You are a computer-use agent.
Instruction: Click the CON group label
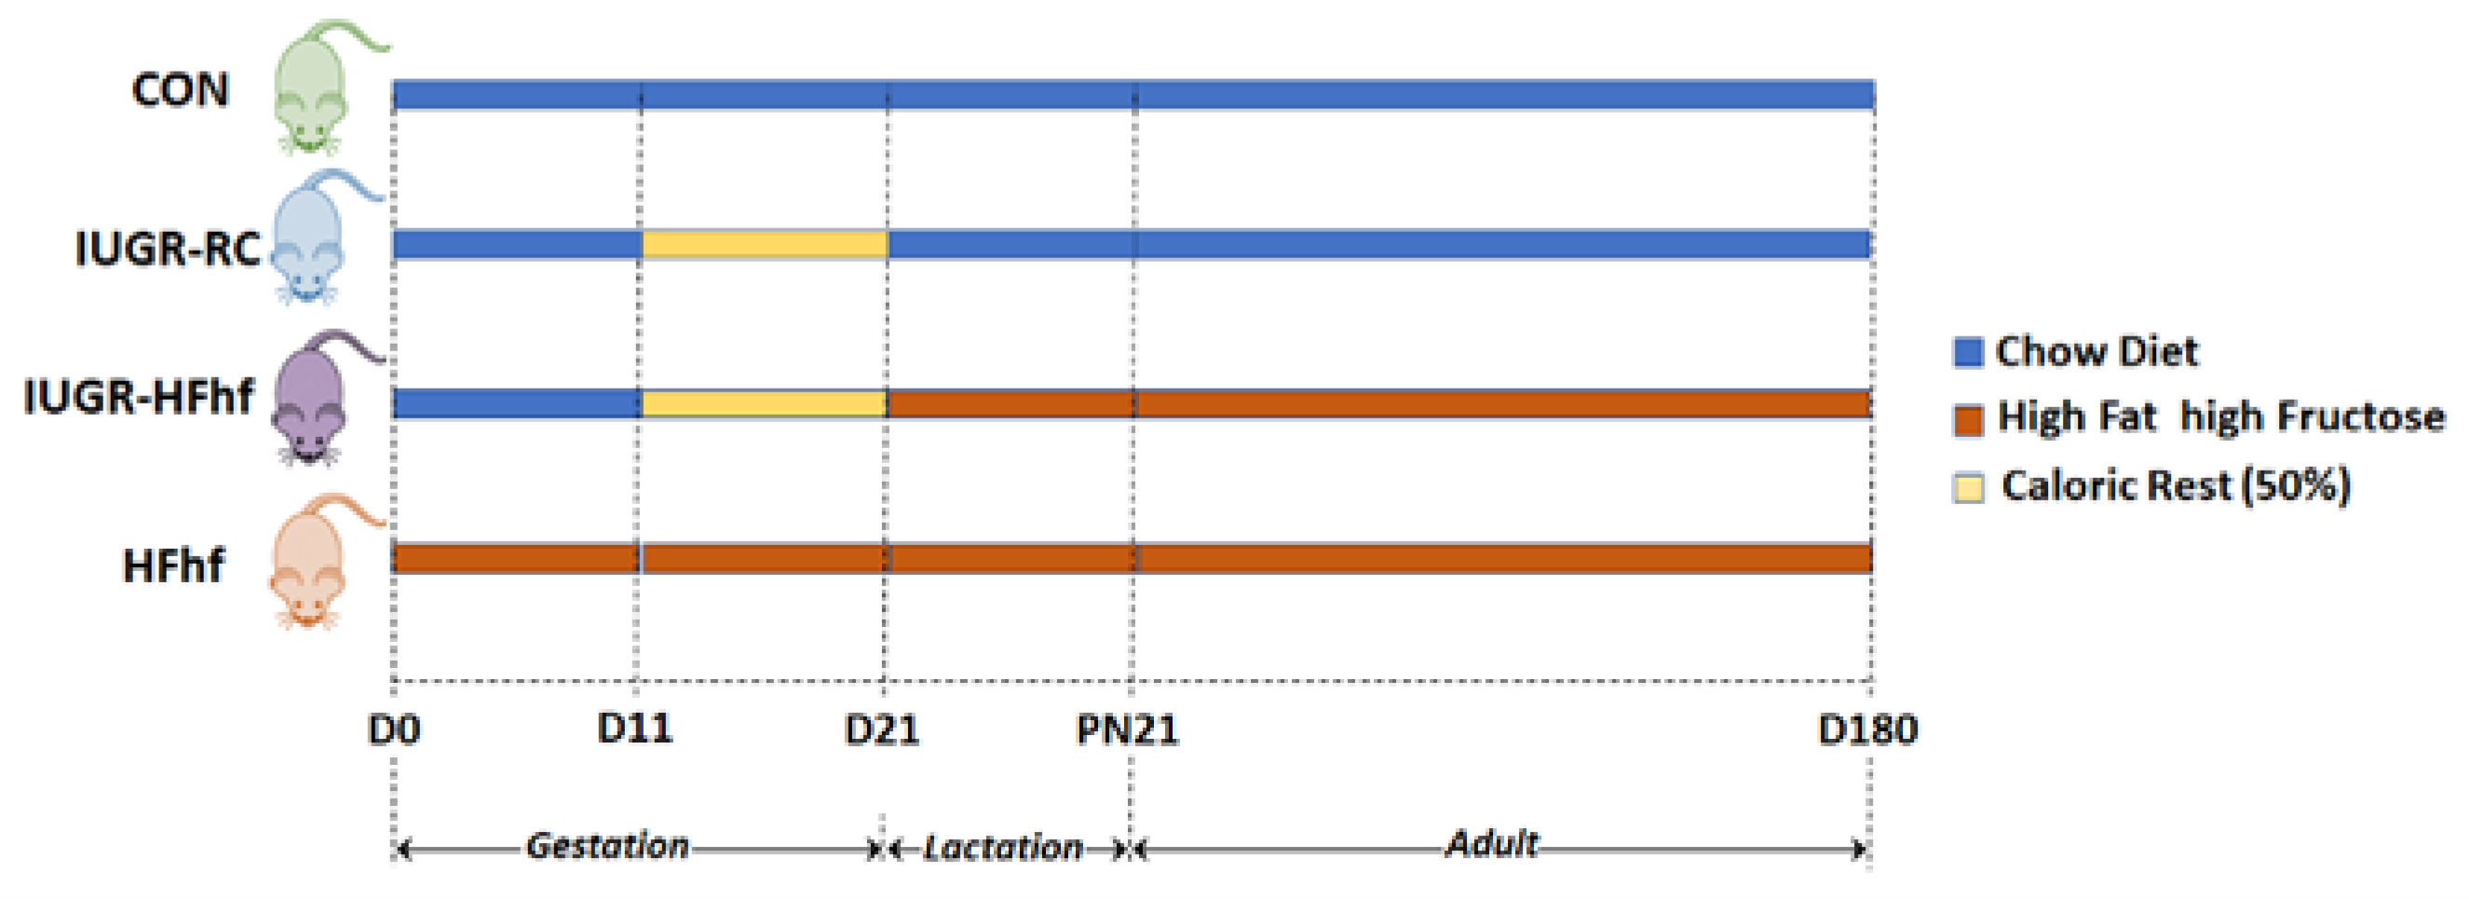pos(180,91)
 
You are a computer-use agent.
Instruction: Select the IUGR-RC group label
pos(168,250)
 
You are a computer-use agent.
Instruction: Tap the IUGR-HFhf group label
pos(139,397)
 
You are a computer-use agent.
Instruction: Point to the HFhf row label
pos(173,566)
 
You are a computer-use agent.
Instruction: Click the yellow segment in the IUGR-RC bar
pos(764,244)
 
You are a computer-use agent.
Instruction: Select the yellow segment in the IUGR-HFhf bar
pos(764,402)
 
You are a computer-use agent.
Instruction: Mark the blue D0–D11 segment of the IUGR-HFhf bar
pos(517,402)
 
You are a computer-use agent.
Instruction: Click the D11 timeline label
pos(634,729)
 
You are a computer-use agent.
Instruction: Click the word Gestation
pos(607,846)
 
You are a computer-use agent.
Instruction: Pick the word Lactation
pos(1002,848)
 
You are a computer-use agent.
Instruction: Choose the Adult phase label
pos(1491,844)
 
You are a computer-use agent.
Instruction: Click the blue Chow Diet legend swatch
pos(1968,352)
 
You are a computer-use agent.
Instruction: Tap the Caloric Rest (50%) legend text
pos(2176,486)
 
